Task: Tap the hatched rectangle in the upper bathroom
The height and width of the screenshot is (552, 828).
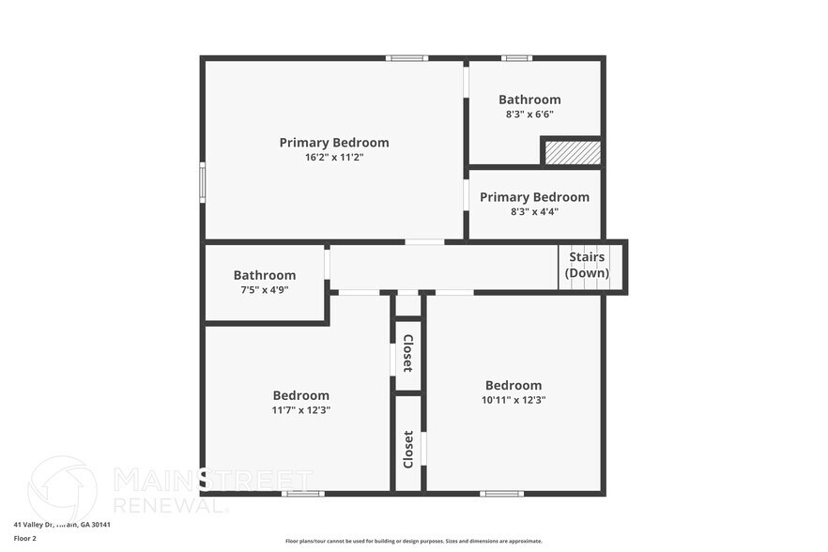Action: click(x=573, y=153)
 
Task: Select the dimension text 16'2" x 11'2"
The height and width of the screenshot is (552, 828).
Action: click(x=333, y=157)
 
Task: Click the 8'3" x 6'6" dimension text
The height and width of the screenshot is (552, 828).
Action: click(x=529, y=114)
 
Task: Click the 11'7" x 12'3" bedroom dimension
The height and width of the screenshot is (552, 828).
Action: click(x=301, y=409)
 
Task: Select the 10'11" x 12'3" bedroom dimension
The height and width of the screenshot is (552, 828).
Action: click(x=514, y=399)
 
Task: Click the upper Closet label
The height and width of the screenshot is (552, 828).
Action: click(x=408, y=354)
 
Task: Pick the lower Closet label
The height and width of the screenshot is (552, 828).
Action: click(x=408, y=450)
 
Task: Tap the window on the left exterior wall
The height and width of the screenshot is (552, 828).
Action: click(x=202, y=182)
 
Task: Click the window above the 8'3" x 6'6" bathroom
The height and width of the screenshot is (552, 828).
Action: click(x=516, y=58)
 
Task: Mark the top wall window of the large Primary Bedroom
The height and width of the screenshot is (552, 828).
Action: click(x=406, y=58)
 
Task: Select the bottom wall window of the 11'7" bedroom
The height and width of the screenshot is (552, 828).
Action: click(x=303, y=493)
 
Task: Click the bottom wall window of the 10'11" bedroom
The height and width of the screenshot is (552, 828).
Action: click(x=501, y=493)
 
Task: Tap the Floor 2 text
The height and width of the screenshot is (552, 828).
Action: click(x=25, y=539)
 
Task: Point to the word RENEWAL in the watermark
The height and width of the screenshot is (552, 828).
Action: click(x=170, y=504)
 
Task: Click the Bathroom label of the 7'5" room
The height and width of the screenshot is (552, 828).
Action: click(x=265, y=275)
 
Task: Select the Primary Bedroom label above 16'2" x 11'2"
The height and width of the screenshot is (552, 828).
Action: click(x=333, y=143)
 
